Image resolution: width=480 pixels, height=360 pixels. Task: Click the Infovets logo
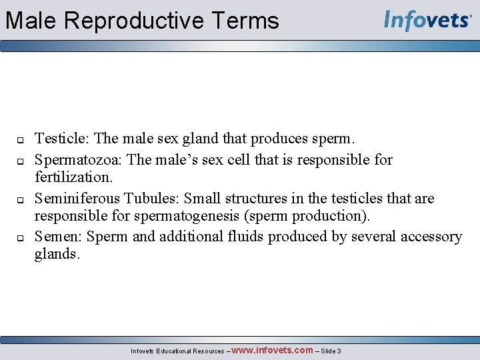(428, 21)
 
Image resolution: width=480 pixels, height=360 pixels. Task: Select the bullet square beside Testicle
(20, 141)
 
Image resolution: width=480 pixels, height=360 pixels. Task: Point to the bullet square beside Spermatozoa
(20, 161)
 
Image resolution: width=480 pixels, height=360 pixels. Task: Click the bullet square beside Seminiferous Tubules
(20, 199)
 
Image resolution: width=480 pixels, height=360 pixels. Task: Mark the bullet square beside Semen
(20, 237)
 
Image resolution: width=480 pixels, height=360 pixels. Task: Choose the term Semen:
(59, 237)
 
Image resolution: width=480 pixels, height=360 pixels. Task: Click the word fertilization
(73, 177)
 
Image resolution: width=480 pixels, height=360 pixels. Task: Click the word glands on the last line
(57, 254)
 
